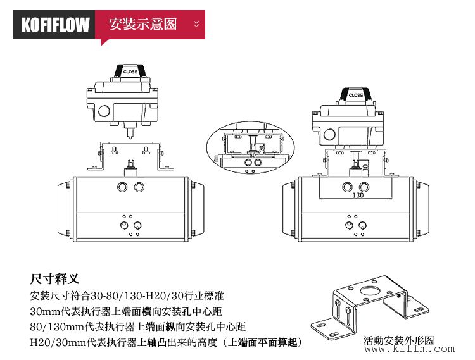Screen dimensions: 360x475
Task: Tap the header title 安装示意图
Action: (x=143, y=25)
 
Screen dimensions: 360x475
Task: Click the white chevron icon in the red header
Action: (x=196, y=25)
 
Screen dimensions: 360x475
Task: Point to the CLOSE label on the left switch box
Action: (x=130, y=72)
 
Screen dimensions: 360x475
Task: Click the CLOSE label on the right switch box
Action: (x=356, y=95)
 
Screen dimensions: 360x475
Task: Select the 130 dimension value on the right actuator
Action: (x=357, y=196)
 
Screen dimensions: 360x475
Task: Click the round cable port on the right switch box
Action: (x=329, y=134)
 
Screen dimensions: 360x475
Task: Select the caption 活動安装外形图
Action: (x=399, y=341)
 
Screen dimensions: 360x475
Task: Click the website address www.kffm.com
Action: (x=408, y=349)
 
